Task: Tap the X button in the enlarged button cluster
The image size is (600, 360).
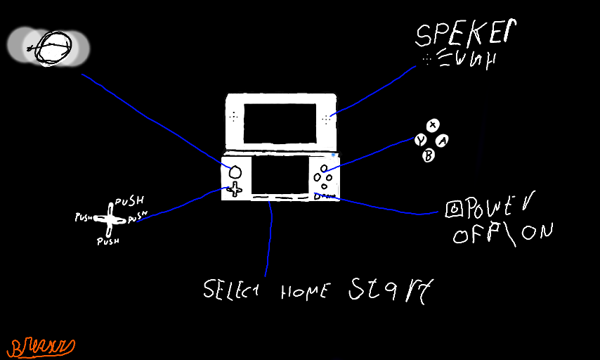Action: tap(433, 125)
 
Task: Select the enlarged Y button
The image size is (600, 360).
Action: tap(420, 140)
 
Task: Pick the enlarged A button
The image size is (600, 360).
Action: tap(443, 141)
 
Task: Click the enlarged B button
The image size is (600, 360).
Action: tap(428, 156)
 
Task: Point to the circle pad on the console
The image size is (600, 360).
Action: tap(235, 171)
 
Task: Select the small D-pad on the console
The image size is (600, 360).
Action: tap(234, 188)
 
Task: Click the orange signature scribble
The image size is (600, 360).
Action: tap(41, 345)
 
